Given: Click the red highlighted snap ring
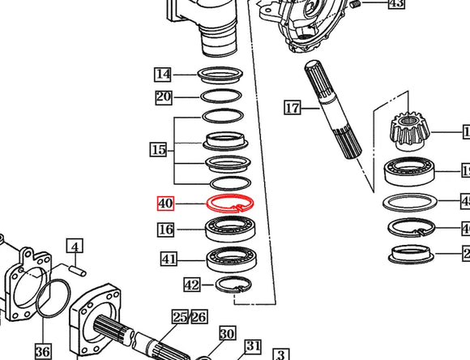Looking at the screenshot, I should click(231, 204).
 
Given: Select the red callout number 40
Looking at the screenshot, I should click(165, 204).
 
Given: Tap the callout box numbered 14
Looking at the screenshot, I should click(164, 75).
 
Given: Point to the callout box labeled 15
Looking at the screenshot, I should click(158, 149).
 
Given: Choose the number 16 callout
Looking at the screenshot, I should click(165, 230).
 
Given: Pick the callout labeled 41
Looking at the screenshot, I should click(169, 259).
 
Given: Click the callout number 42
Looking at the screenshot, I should click(191, 285).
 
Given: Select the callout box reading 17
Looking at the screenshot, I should click(292, 107).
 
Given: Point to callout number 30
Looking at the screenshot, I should click(226, 333).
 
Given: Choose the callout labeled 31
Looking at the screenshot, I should click(253, 347).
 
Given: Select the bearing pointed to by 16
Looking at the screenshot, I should click(231, 229).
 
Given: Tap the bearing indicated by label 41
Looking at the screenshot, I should click(231, 259).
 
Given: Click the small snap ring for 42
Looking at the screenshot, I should click(231, 285).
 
